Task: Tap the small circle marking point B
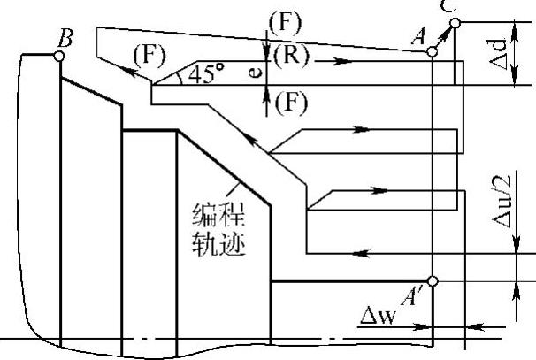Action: [58, 56]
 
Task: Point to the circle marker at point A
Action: [432, 52]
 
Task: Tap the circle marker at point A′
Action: [432, 281]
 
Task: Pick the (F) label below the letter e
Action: [289, 102]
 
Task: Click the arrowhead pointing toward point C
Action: [450, 28]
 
